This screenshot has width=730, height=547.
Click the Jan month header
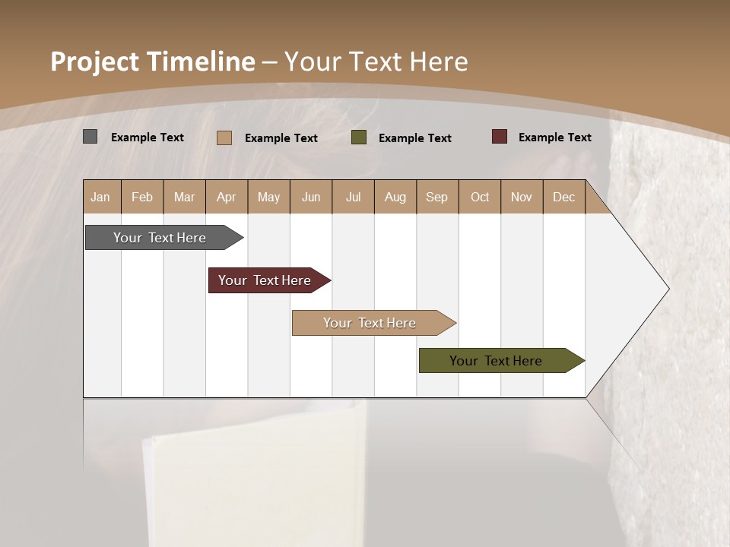(100, 197)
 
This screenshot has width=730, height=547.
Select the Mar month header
(184, 197)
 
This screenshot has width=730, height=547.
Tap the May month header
(268, 197)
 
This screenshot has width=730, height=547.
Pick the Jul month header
(353, 197)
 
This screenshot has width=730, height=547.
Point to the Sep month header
(436, 197)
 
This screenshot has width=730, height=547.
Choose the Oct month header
(480, 197)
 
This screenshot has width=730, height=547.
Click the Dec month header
(563, 197)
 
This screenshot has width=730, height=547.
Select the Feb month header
(142, 197)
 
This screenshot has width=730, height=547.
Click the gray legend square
(90, 137)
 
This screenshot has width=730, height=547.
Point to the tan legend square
(224, 138)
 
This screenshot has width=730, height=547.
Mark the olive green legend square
(359, 138)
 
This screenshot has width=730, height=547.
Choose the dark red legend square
(500, 137)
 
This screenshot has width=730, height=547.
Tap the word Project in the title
(95, 62)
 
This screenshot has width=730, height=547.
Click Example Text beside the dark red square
(554, 138)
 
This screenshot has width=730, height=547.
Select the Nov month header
(521, 197)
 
